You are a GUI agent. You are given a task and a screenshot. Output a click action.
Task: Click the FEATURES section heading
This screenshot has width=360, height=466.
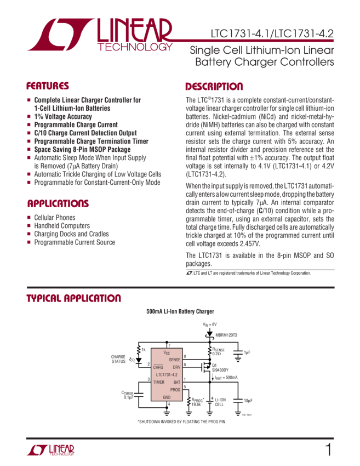[x=48, y=86]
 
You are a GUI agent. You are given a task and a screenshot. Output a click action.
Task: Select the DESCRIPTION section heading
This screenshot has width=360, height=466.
[x=214, y=86]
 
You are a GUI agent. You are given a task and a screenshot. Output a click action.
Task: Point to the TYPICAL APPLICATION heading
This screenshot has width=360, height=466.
[x=73, y=298]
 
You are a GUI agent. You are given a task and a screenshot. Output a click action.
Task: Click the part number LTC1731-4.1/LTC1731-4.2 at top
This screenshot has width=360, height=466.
[x=272, y=33]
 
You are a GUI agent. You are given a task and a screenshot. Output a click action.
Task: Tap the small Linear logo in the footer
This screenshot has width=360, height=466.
[x=50, y=450]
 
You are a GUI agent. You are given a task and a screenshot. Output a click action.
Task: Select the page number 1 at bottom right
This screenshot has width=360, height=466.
[x=328, y=450]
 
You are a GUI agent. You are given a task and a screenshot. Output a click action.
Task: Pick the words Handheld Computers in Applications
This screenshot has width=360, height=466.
[x=55, y=225]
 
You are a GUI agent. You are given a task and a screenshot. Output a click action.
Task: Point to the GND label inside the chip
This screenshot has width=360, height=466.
[x=167, y=396]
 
